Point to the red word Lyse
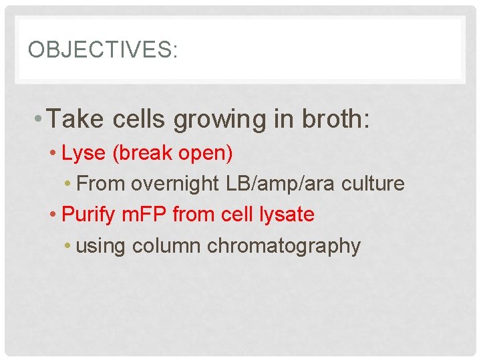(84, 154)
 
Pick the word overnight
(178, 183)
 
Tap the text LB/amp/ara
(284, 183)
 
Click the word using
(101, 246)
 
